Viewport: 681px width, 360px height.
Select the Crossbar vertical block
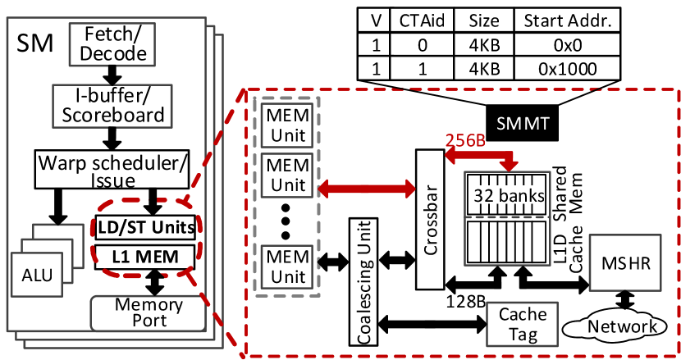coord(430,219)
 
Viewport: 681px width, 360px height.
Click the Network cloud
coord(620,327)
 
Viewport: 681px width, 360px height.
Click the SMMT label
coord(523,123)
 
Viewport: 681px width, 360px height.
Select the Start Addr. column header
coord(567,20)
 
